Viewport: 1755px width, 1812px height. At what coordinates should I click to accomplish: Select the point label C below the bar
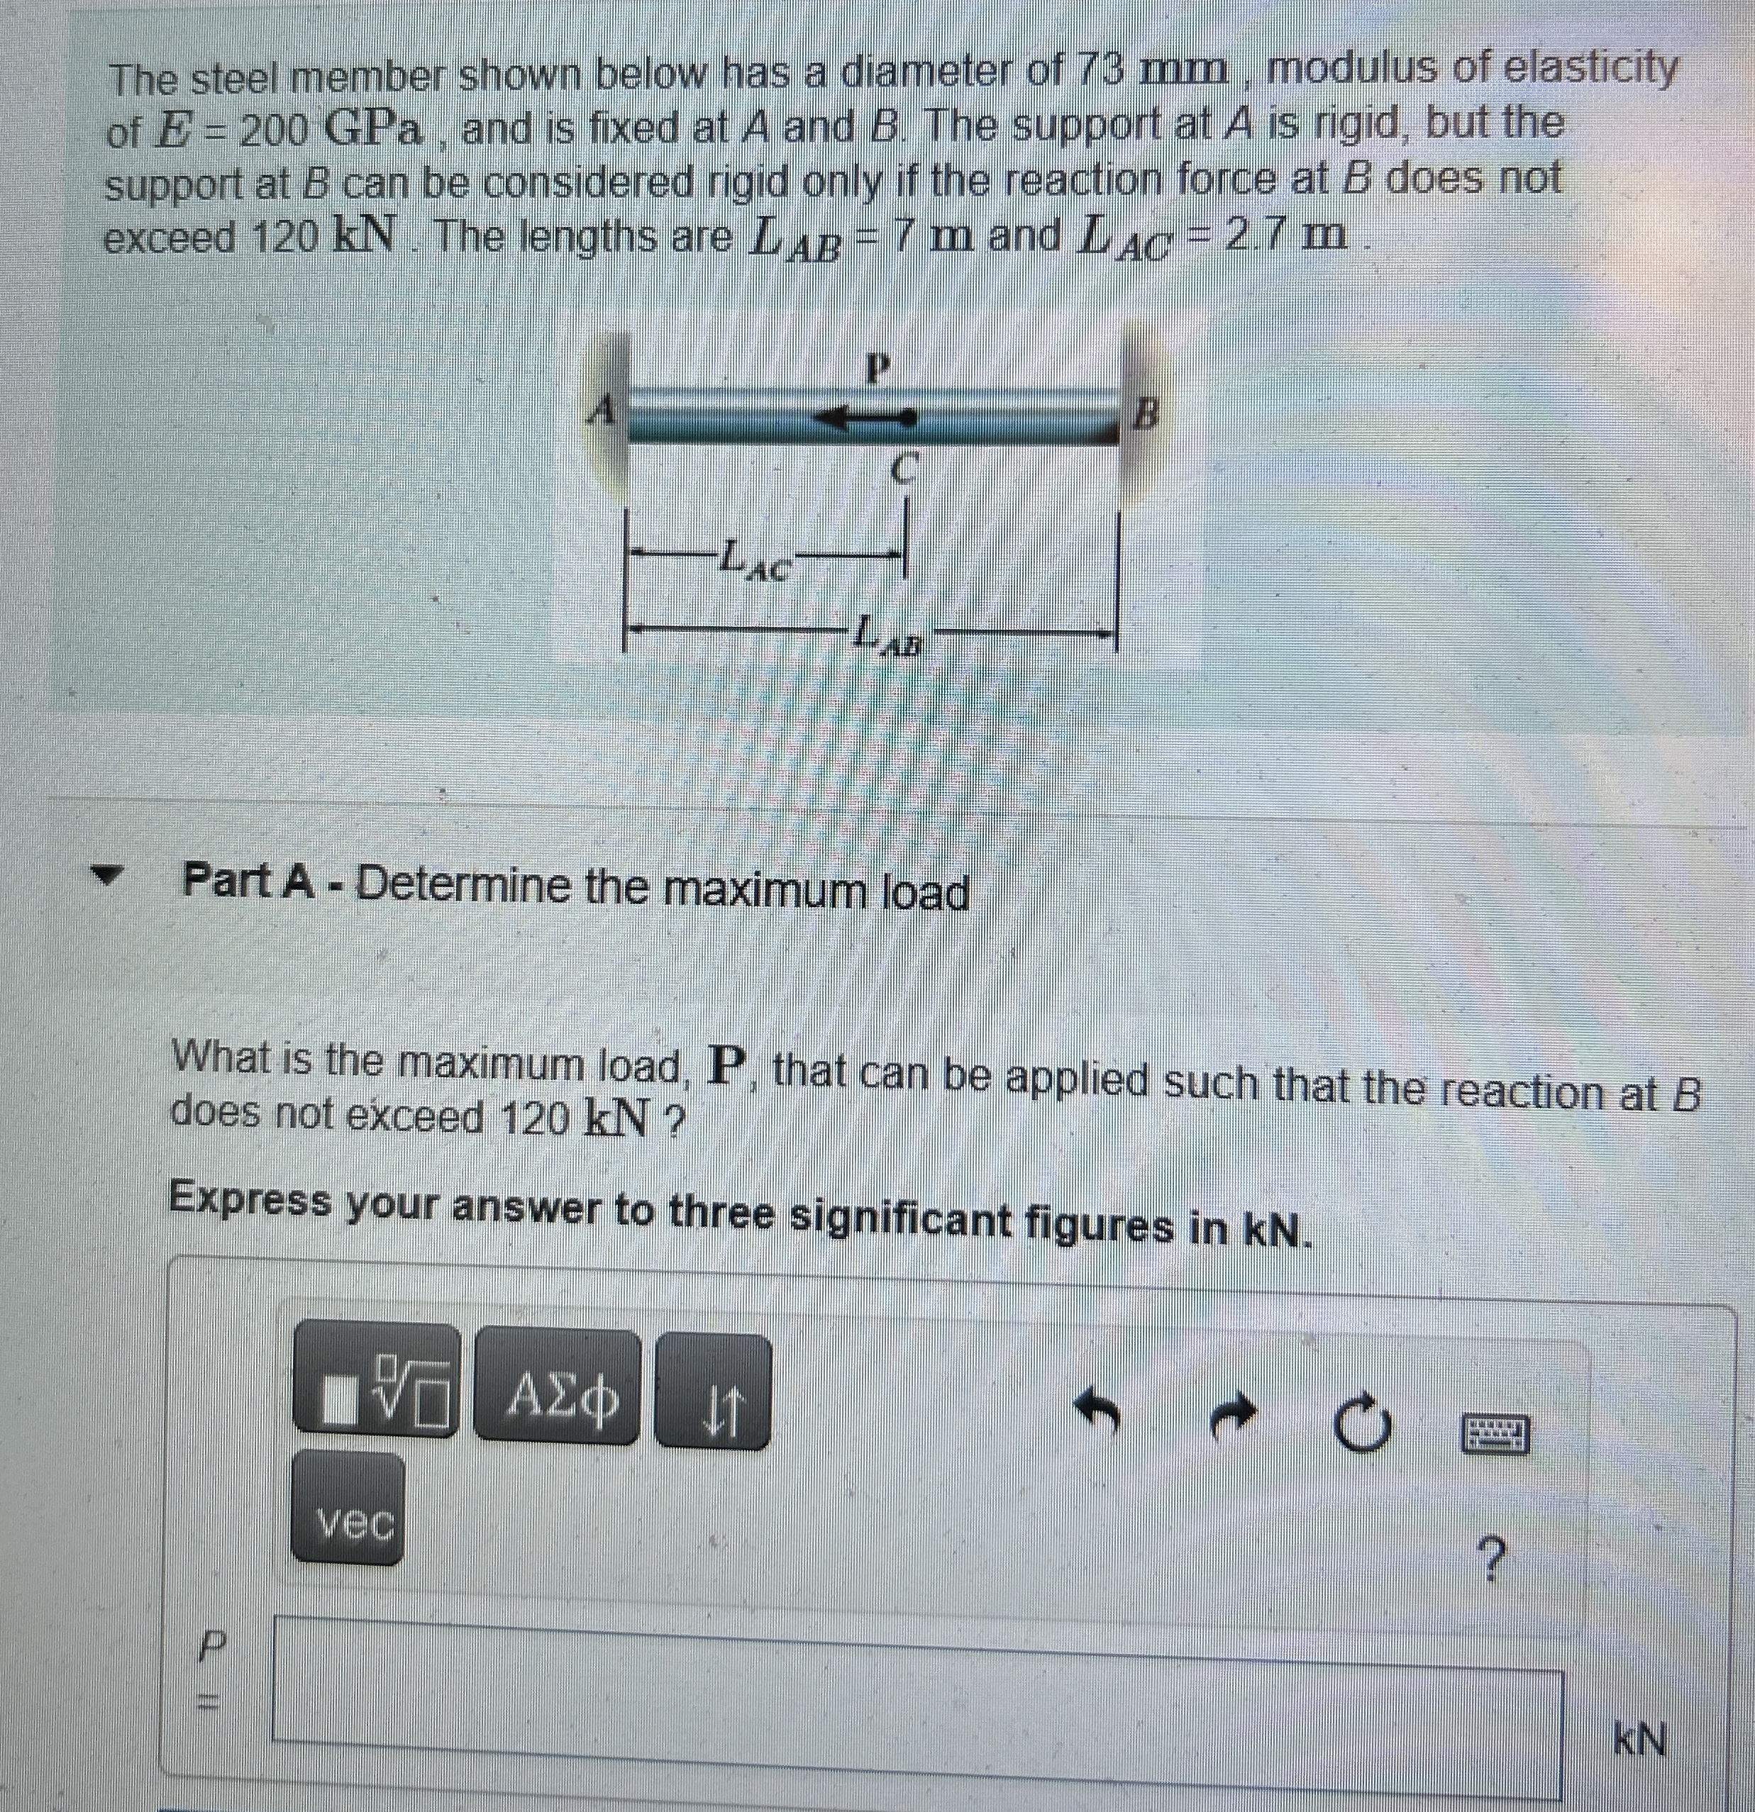click(x=903, y=472)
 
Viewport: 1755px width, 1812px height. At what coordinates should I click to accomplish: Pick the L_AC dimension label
click(x=753, y=560)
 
